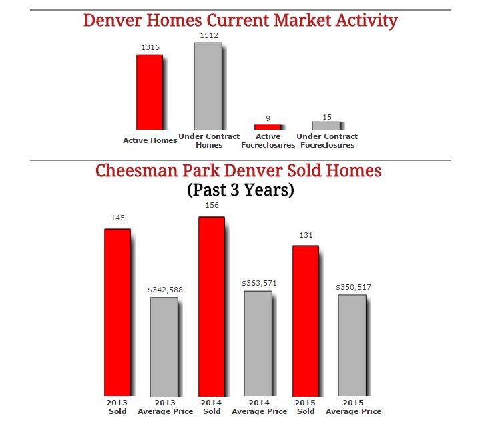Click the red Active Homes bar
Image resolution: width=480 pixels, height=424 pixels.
click(x=150, y=91)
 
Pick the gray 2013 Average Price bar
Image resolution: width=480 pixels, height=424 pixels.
click(x=164, y=347)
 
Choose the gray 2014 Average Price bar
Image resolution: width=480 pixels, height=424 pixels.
click(x=258, y=343)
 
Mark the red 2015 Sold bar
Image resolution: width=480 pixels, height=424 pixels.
click(x=306, y=321)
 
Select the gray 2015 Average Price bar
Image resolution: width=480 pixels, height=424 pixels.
click(x=352, y=345)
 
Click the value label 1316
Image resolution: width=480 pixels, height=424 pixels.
click(x=150, y=47)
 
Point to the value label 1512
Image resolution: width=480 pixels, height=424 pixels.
click(x=208, y=35)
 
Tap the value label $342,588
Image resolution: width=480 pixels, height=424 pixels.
click(x=165, y=290)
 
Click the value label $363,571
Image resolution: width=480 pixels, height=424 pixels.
click(x=259, y=283)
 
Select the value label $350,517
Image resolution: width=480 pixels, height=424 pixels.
click(x=353, y=287)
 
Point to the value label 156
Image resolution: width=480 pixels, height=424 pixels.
click(x=212, y=206)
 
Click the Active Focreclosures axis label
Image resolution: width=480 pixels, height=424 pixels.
click(x=268, y=140)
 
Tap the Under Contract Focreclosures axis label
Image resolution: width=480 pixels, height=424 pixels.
click(x=327, y=140)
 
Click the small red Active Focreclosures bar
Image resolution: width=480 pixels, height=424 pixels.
click(x=268, y=126)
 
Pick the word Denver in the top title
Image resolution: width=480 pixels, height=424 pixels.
click(x=111, y=20)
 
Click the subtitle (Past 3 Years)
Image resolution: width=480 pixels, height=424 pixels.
click(x=240, y=190)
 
